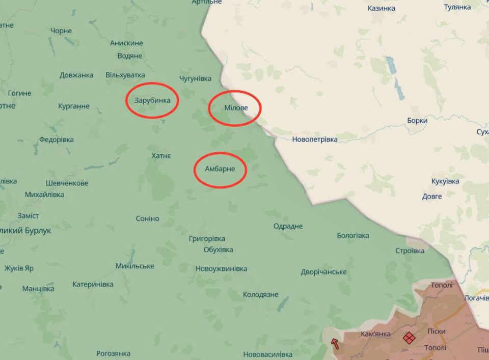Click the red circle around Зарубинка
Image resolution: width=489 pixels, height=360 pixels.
152,100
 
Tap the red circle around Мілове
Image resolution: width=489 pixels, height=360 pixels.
235,108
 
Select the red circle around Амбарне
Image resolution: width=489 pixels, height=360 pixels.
220,170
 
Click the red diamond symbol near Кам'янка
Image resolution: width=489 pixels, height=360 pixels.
409,337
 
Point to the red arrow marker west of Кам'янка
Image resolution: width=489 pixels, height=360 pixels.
335,343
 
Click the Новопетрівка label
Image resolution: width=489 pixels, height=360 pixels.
315,139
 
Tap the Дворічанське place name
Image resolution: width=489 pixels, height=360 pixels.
323,272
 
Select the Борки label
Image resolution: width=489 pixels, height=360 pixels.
417,121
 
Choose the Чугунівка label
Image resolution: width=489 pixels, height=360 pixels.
195,78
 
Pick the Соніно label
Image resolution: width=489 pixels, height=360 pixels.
147,218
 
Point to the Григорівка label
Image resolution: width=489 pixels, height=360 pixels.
207,238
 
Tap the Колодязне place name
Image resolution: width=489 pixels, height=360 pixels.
260,294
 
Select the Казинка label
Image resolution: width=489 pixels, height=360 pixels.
382,8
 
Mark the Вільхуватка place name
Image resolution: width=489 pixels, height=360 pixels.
125,75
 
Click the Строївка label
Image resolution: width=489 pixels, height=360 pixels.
410,251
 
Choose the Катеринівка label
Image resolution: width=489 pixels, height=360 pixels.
93,284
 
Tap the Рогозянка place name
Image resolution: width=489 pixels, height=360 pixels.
113,353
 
